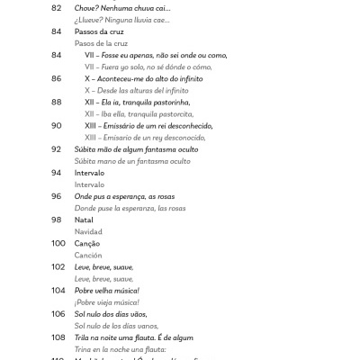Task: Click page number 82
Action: click(x=57, y=7)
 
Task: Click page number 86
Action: click(x=57, y=78)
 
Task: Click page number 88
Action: click(x=57, y=102)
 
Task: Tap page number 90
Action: click(x=57, y=125)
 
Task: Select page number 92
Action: click(x=57, y=148)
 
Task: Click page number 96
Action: click(x=57, y=195)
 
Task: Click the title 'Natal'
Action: click(x=85, y=220)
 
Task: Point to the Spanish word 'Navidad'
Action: click(x=89, y=231)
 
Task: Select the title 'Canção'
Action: click(x=88, y=243)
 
